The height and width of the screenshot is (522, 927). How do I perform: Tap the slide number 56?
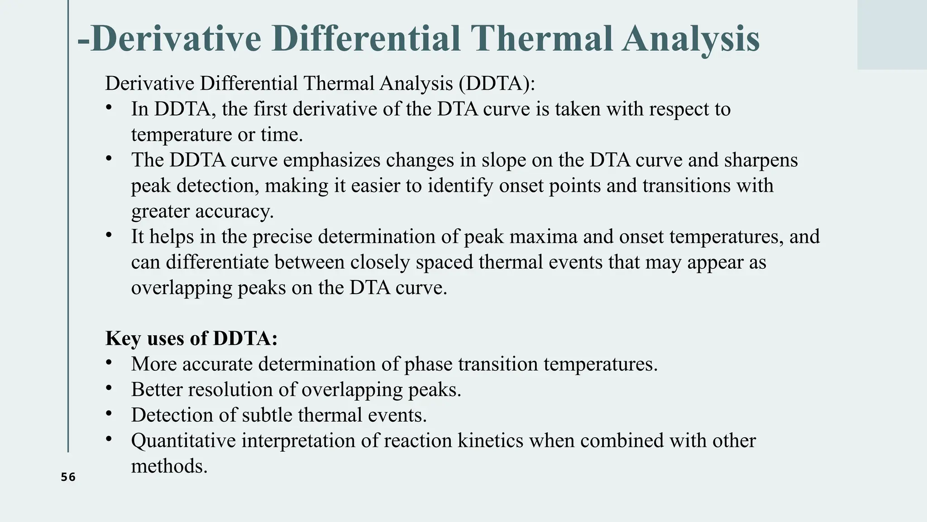(68, 477)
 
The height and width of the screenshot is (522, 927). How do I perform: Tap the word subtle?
(267, 415)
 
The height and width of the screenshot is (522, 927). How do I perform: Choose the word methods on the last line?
(169, 466)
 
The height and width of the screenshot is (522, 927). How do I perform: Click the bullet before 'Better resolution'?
(109, 388)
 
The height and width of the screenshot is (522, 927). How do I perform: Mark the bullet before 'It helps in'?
(109, 235)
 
